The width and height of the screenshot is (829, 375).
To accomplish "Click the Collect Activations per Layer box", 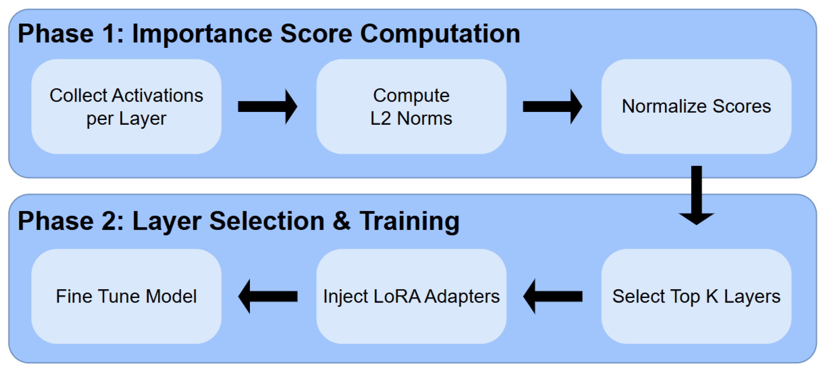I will coord(126,107).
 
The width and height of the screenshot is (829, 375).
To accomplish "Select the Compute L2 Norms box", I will coord(411,107).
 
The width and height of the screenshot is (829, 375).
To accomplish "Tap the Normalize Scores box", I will coord(696,107).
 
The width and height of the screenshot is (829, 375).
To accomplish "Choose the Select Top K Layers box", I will coord(696,297).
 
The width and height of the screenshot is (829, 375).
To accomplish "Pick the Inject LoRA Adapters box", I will coord(411,297).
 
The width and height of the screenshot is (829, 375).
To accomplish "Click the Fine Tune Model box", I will coord(126,297).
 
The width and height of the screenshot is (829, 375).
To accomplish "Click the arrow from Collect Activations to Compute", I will coord(268,107).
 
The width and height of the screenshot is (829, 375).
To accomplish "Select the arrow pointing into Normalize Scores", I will coord(552,107).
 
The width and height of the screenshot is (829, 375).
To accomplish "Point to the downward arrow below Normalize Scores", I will coord(696,195).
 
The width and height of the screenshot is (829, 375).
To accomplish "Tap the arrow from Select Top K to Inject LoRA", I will coord(553,297).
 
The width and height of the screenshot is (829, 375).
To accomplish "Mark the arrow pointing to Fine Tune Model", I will coord(268,297).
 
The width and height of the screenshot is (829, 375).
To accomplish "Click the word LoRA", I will coord(397,297).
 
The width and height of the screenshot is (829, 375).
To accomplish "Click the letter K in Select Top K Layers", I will coord(712,297).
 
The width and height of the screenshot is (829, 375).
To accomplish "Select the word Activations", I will coord(157,96).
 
